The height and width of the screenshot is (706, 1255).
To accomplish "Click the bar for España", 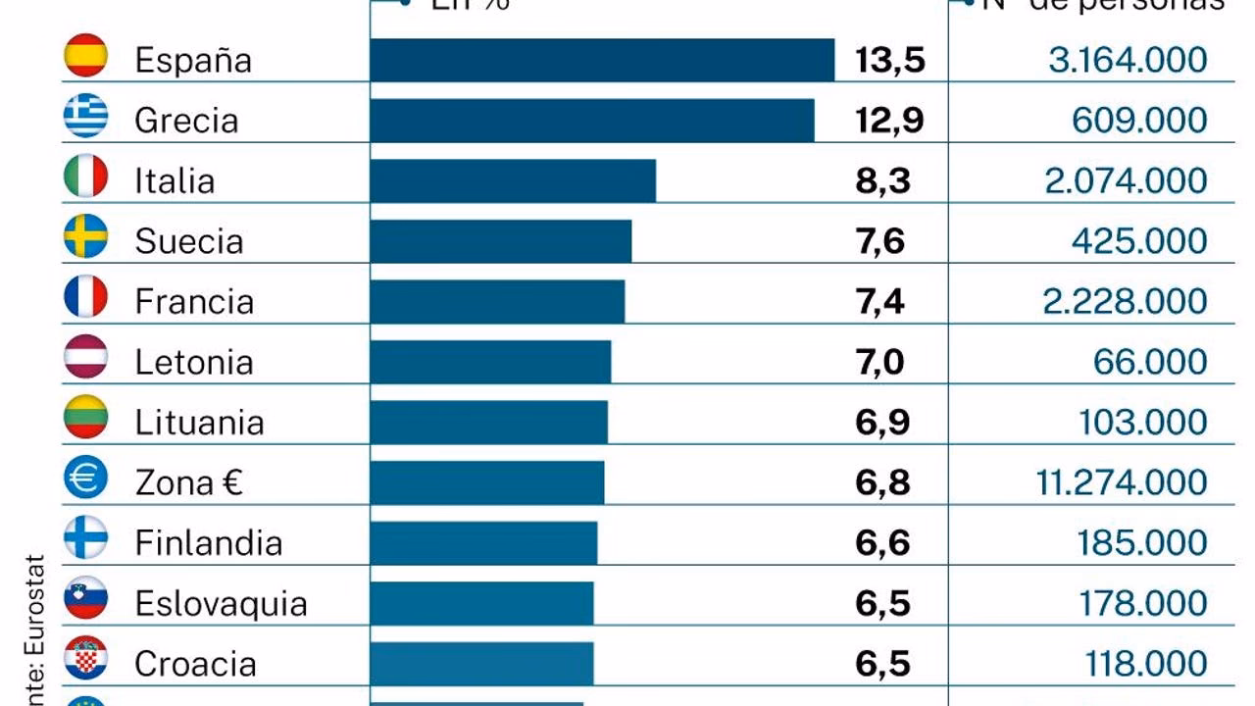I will coord(602,60).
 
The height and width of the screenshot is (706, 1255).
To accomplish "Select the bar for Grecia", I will coord(592,121).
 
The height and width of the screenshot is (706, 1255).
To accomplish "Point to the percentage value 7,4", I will coord(879,301).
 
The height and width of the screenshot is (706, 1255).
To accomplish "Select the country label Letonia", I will coord(194,362).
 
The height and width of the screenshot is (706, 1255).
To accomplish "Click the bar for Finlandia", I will coord(483,542).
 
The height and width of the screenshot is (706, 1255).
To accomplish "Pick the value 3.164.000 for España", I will coord(1128,60).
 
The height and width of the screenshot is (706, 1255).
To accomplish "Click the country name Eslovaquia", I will coord(221,603).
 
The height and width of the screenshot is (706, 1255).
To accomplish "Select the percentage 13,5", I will coord(889,60).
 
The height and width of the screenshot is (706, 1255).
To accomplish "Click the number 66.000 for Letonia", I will coord(1150,362).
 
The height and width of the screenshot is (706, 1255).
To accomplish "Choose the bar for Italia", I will coord(513,180).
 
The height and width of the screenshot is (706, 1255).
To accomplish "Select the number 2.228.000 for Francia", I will coord(1125,301).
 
